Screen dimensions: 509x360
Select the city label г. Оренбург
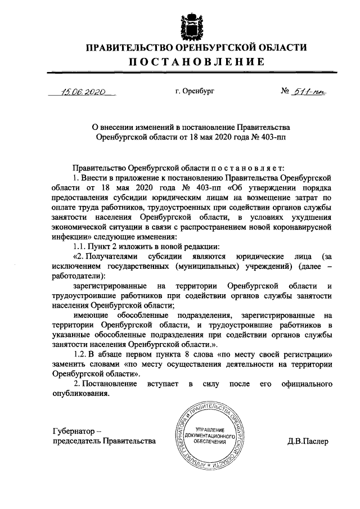(194, 90)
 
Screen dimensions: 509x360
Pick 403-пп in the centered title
(271, 137)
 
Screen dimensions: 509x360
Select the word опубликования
(79, 393)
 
